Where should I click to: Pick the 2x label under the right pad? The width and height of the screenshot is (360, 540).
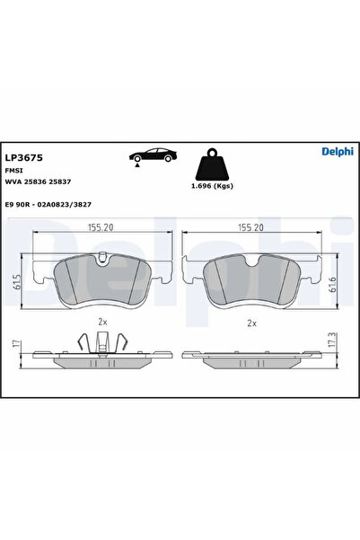(251, 323)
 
